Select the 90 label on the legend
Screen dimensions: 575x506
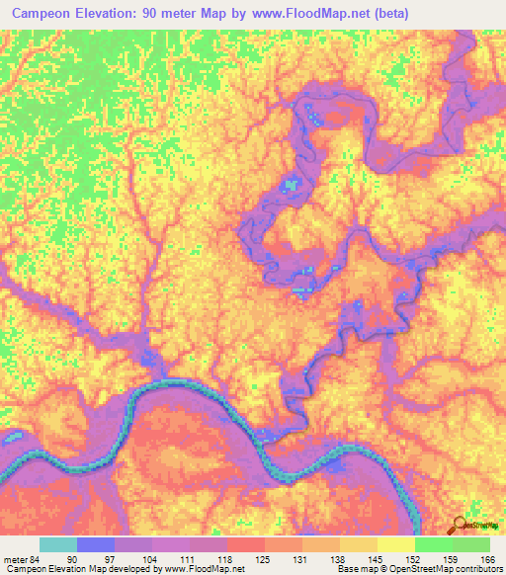pos(71,558)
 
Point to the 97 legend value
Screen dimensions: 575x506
pos(109,558)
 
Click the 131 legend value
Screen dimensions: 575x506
pos(296,558)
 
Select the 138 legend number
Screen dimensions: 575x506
pos(334,558)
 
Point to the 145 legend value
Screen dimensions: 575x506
pos(372,558)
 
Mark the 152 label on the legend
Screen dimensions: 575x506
pos(409,558)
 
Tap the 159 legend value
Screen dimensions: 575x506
pos(447,558)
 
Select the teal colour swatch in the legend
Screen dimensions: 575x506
pos(58,544)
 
